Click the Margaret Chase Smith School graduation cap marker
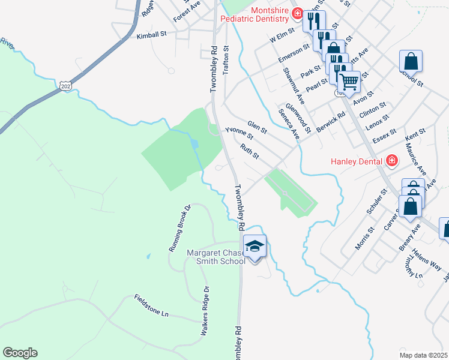255,245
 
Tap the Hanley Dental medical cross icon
392,160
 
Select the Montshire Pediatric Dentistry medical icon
297,13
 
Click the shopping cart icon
349,81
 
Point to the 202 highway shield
65,86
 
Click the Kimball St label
151,35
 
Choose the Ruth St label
249,151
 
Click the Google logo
20,353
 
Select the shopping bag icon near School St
411,61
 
